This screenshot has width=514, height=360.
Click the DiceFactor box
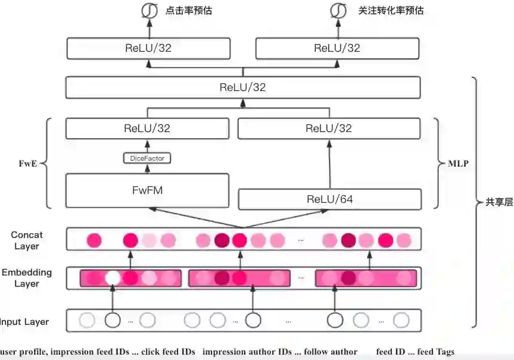[147, 158]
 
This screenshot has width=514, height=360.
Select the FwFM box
[147, 191]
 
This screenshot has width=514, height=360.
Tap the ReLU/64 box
[329, 199]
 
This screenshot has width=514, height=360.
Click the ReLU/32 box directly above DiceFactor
[147, 129]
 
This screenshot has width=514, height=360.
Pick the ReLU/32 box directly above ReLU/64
[329, 129]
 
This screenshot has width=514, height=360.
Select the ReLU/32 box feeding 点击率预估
[148, 49]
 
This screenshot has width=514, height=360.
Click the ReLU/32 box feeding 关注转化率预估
[337, 49]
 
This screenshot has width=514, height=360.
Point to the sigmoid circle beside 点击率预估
[147, 11]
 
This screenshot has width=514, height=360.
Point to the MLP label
[458, 162]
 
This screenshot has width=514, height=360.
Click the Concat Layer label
[27, 240]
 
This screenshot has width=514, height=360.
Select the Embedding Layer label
[27, 278]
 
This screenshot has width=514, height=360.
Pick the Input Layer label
[24, 322]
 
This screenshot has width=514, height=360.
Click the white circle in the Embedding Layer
[112, 278]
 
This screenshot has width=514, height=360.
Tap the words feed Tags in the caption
[436, 352]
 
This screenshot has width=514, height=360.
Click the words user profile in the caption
[23, 352]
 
